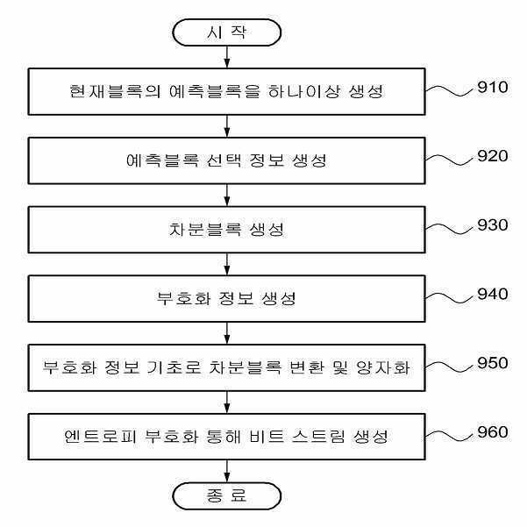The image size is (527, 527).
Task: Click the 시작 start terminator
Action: pyautogui.click(x=226, y=32)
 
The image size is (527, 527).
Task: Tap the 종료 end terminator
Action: pyautogui.click(x=226, y=496)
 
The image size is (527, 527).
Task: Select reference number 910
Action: pyautogui.click(x=493, y=87)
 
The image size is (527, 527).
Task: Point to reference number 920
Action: pyautogui.click(x=493, y=156)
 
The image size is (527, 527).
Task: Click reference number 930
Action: pyautogui.click(x=493, y=224)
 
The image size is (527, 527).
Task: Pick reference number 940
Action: pyautogui.click(x=493, y=294)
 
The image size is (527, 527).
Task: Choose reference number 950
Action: pyautogui.click(x=493, y=363)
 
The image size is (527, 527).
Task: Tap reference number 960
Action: pyautogui.click(x=493, y=432)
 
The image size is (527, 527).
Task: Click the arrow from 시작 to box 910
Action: pyautogui.click(x=227, y=57)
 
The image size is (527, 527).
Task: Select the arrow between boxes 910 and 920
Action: pyautogui.click(x=227, y=126)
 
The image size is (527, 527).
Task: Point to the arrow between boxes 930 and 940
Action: pyautogui.click(x=227, y=264)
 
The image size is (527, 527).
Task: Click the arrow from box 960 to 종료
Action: pyautogui.click(x=227, y=471)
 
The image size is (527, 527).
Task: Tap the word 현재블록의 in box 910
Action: pyautogui.click(x=115, y=91)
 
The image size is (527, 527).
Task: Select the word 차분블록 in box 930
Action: pyautogui.click(x=205, y=230)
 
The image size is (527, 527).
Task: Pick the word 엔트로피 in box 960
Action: pyautogui.click(x=100, y=437)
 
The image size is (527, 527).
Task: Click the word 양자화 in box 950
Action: pyautogui.click(x=383, y=367)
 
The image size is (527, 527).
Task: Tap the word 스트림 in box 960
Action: pyautogui.click(x=318, y=437)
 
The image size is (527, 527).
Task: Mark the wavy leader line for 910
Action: pyautogui.click(x=450, y=90)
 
